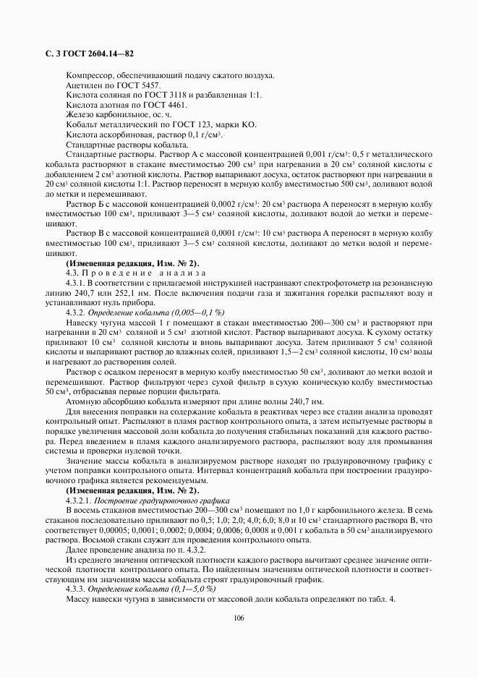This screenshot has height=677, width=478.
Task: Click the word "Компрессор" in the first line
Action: coord(88,76)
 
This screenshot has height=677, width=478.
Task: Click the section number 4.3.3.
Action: coord(74,589)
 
